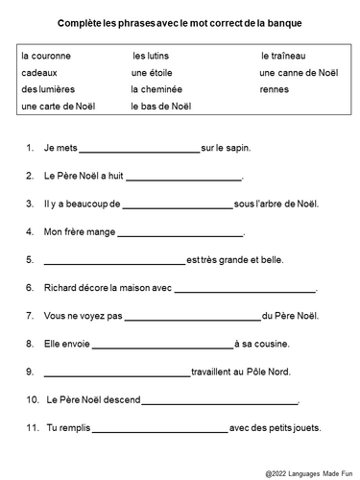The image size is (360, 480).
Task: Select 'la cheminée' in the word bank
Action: click(156, 89)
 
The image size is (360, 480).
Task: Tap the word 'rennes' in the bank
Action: click(275, 89)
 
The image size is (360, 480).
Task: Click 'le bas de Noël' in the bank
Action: click(160, 106)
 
